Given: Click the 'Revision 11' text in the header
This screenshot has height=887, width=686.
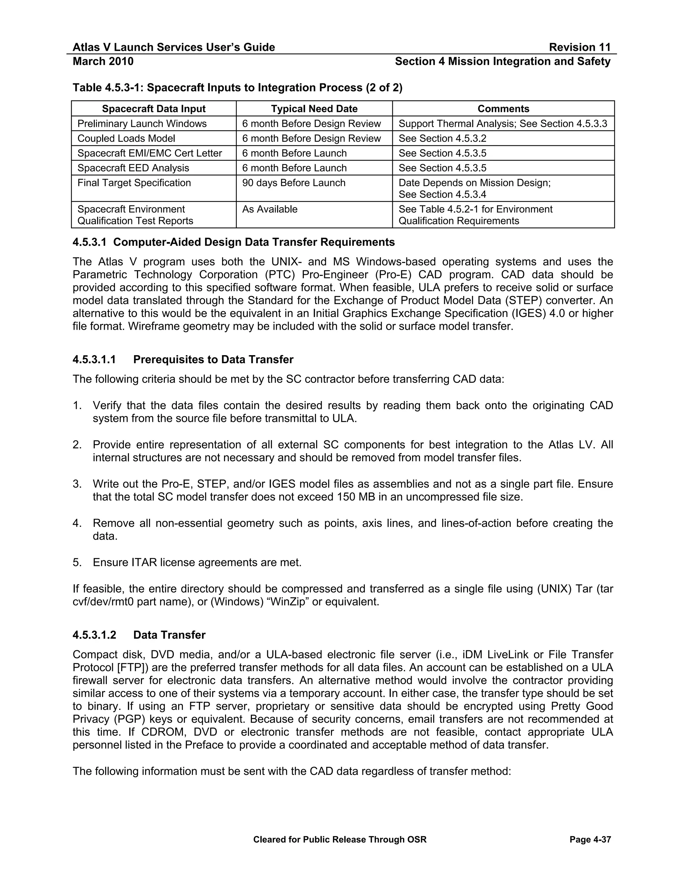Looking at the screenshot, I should (579, 48).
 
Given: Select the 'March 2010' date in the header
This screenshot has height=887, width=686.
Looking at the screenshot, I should (103, 61).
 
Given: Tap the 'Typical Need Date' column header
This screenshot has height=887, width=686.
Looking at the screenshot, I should (314, 109).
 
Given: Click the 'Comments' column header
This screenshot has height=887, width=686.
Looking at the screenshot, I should (503, 109).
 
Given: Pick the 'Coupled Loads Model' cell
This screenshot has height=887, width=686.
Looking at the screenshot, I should (126, 139).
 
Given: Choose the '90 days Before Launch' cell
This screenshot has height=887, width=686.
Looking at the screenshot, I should (293, 183).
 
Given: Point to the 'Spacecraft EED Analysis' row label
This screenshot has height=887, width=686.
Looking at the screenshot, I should (133, 168).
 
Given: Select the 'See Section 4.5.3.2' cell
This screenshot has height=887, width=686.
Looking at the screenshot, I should (442, 139).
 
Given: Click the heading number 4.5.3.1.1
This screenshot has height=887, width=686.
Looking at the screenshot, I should (94, 359).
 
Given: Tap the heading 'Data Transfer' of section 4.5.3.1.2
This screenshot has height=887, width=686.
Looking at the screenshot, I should (169, 635).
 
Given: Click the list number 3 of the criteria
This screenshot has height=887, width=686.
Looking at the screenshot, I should (77, 484).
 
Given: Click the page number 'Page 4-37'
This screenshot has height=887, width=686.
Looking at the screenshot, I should (590, 839).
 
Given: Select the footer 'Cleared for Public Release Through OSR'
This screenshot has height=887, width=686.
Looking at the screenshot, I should (340, 839).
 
